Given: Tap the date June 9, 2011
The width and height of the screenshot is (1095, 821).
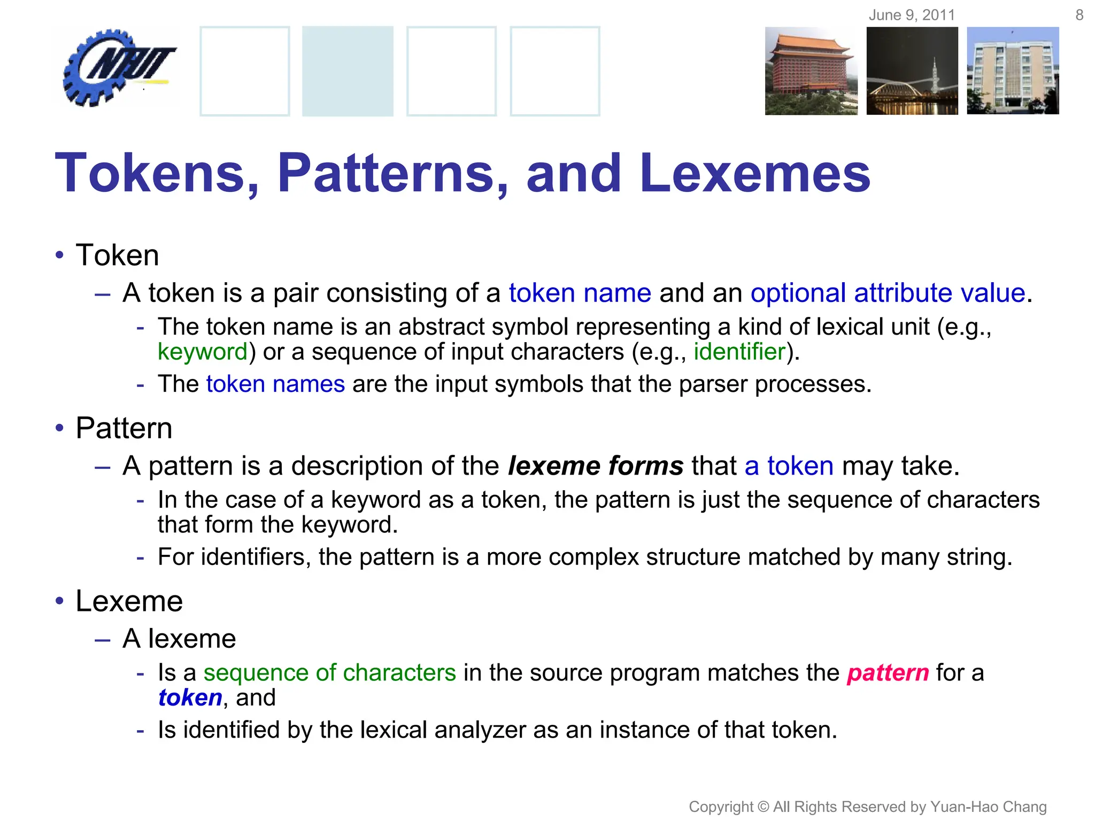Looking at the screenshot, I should click(912, 15).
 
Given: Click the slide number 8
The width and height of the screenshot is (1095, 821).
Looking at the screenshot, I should click(1079, 15).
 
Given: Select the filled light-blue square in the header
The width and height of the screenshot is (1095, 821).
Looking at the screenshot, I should click(348, 71).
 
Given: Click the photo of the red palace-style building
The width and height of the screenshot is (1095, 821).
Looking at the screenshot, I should click(811, 71).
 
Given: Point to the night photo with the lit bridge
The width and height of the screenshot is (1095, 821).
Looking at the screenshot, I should click(912, 71).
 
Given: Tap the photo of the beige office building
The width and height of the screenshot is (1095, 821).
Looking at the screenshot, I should click(1013, 71).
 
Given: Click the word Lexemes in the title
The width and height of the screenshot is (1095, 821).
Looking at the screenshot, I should click(755, 173).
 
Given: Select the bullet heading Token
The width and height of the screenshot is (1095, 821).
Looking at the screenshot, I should click(118, 255).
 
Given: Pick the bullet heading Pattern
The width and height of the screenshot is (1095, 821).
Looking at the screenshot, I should click(124, 428).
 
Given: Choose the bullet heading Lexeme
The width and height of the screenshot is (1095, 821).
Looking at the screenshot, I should click(129, 601).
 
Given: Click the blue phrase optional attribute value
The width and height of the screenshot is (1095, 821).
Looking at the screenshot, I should click(888, 293).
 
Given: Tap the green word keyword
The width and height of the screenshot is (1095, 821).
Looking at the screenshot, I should click(203, 352).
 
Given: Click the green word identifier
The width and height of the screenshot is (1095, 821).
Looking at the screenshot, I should click(739, 352).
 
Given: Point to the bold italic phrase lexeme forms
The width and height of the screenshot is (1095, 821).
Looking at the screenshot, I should click(596, 466).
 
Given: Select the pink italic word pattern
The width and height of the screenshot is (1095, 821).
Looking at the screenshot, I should click(888, 672).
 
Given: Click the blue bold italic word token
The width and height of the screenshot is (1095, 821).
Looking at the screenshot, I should click(190, 698).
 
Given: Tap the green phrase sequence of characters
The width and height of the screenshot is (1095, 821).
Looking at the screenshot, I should click(329, 672).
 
